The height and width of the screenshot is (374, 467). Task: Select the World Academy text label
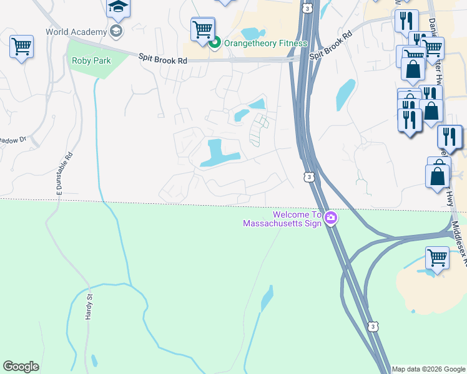coord(75,31)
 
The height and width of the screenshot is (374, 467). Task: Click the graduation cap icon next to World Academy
coord(116,31)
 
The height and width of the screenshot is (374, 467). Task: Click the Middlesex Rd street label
coord(459,244)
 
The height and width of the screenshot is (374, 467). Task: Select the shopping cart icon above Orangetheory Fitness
coord(202,28)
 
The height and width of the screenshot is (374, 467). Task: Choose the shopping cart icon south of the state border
coord(437,257)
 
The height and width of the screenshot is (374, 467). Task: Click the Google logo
coord(21,367)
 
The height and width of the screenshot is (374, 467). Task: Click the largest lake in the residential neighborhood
coord(219,153)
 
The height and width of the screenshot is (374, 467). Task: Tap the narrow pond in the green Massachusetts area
coord(267,299)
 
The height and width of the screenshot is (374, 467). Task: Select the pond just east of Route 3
coord(345,94)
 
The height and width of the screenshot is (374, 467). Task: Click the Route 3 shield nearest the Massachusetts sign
coord(309,177)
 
